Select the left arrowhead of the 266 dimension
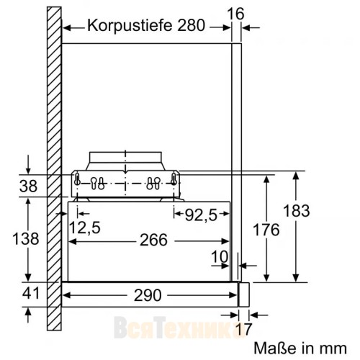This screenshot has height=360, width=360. tap(73, 240)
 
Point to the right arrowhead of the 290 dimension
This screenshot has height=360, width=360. tap(235, 294)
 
